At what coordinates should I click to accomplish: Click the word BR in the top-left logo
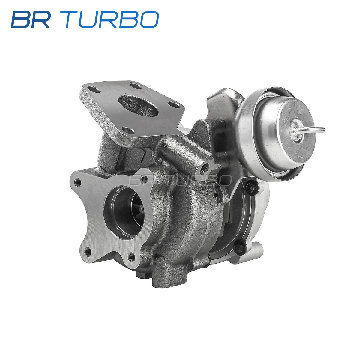31,19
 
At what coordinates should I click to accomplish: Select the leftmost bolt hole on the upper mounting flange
94,90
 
